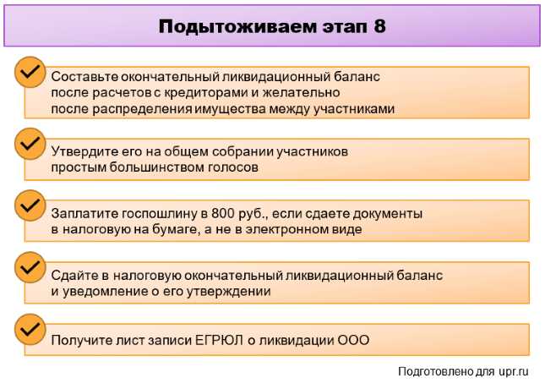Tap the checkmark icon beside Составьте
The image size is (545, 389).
[30, 73]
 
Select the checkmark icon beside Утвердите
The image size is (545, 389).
[30, 143]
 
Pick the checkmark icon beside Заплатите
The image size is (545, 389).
[30, 205]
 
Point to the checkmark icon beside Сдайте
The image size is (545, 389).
[30, 266]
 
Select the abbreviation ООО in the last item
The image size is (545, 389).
[354, 341]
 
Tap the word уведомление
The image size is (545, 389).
[104, 292]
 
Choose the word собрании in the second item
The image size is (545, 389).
[248, 152]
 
